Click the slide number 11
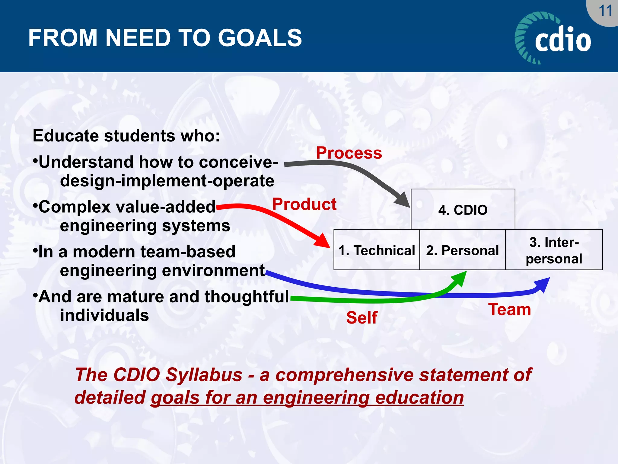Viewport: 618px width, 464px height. pyautogui.click(x=605, y=11)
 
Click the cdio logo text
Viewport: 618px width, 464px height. pyautogui.click(x=563, y=40)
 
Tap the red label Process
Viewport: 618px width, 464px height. pyautogui.click(x=349, y=153)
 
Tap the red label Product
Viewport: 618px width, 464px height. pyautogui.click(x=304, y=204)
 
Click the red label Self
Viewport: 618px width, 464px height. pyautogui.click(x=362, y=318)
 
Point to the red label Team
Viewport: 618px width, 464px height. pyautogui.click(x=510, y=310)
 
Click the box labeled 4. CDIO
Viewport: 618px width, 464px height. pyautogui.click(x=463, y=210)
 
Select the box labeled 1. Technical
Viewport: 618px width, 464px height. pyautogui.click(x=377, y=250)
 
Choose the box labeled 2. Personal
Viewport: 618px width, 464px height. pyautogui.click(x=462, y=250)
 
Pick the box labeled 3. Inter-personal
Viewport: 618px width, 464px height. pyautogui.click(x=554, y=250)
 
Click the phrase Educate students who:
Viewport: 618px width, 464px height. pyautogui.click(x=126, y=136)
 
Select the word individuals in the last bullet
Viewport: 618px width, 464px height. pyautogui.click(x=104, y=315)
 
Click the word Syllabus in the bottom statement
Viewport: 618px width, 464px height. pyautogui.click(x=204, y=375)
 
